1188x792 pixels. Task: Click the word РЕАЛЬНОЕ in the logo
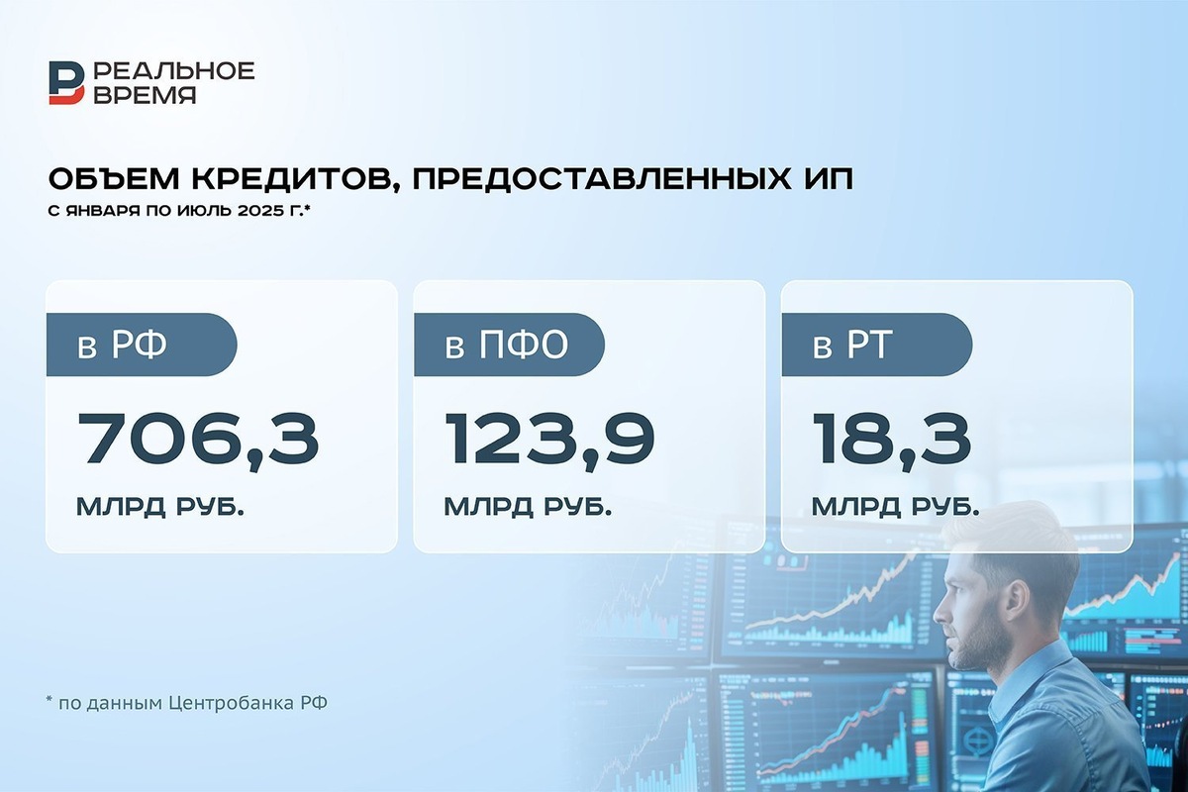point(175,70)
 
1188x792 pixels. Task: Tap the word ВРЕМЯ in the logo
point(145,95)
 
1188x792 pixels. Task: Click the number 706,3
point(198,440)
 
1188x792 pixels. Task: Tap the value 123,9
point(549,440)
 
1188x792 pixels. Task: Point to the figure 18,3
point(891,440)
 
